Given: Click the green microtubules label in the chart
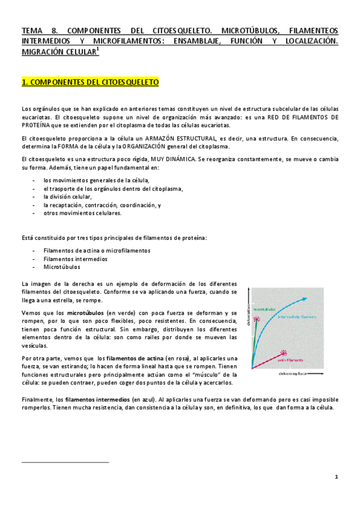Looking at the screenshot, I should pos(264,309).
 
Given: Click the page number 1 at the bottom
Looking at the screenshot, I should pos(337,477).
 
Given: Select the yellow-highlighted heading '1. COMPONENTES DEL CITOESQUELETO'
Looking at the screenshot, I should pos(90,82).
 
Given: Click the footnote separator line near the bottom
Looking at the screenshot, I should pos(65,462).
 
